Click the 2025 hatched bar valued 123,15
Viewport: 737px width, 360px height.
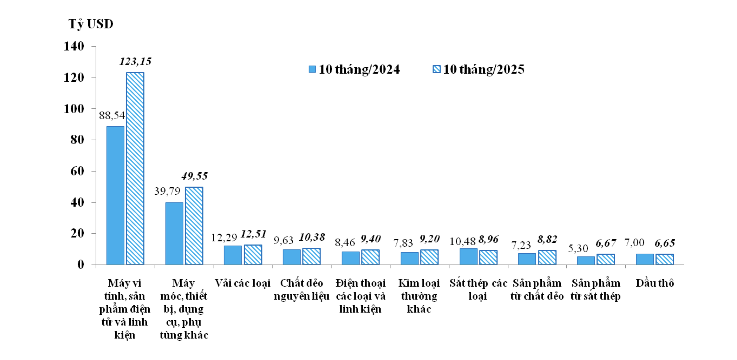135,168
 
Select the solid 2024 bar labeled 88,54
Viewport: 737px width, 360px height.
115,195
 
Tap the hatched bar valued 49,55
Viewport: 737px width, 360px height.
194,226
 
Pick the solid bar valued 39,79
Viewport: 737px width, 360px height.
174,233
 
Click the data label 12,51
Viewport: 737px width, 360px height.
253,234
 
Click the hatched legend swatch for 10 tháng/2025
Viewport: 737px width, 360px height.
436,69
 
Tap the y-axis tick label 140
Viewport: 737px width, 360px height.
74,46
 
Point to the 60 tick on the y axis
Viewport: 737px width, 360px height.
77,171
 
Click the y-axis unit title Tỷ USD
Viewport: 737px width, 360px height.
91,24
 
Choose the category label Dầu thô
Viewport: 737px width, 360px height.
655,283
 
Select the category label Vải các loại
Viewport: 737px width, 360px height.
243,283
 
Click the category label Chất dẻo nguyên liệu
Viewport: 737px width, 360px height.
302,289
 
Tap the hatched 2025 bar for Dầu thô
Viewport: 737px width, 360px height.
665,259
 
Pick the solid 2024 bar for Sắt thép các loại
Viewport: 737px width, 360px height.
468,256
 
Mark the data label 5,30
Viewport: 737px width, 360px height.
578,248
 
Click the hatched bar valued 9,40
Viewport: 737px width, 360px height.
370,257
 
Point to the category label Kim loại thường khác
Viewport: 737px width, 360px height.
419,296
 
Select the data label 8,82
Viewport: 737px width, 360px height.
547,240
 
